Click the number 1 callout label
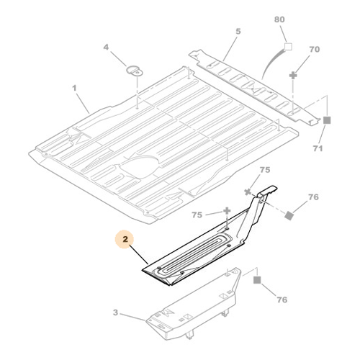pos(74,88)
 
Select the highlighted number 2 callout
pos(125,239)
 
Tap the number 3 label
pos(116,312)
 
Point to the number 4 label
pos(106,47)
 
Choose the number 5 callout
pos(238,31)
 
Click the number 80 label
pos(279,19)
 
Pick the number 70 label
pos(315,49)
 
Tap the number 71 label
pos(318,148)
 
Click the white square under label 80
pos(288,47)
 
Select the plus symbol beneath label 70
pos(293,76)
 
